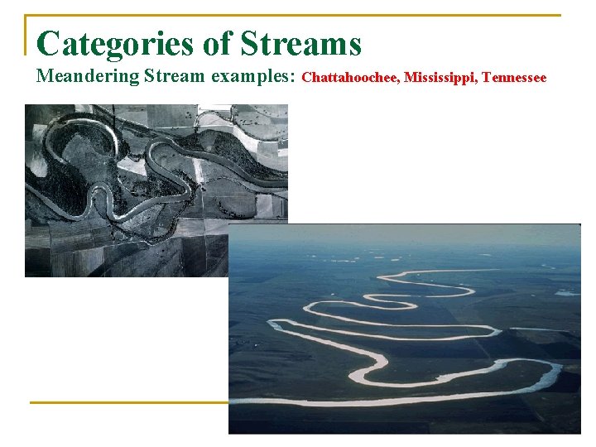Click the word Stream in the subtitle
coord(176,77)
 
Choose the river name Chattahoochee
coord(350,78)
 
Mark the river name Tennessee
coord(514,78)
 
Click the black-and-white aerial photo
coord(124,166)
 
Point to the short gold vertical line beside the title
coord(26,36)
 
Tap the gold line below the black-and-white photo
coord(128,403)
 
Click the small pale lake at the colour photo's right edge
coord(568,292)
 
